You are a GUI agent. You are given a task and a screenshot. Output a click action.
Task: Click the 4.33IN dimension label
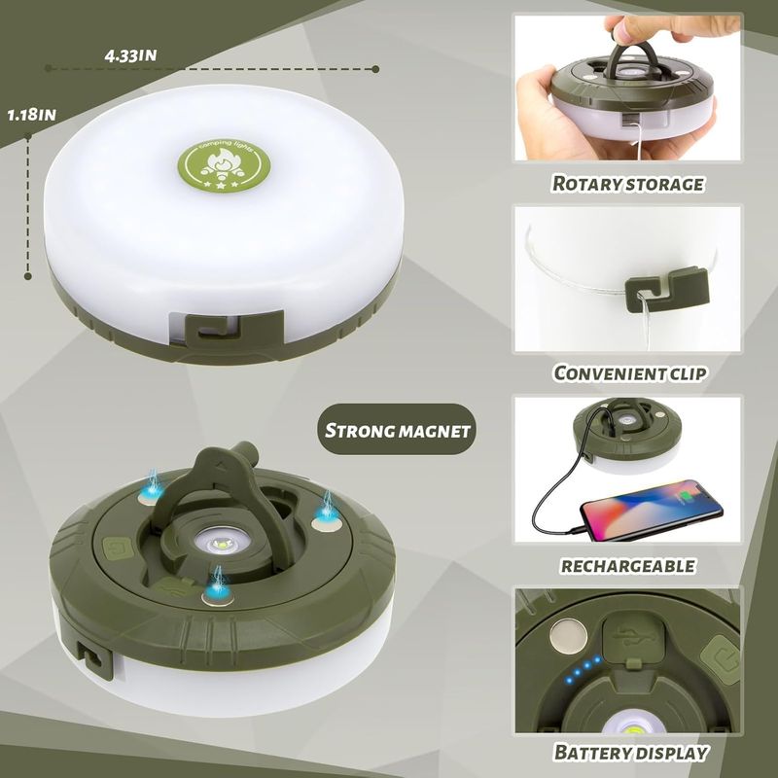pyautogui.click(x=130, y=55)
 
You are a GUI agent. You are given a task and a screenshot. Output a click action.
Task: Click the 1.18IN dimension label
pyautogui.click(x=31, y=114)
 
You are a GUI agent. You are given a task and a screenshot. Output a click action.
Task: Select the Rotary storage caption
pyautogui.click(x=627, y=183)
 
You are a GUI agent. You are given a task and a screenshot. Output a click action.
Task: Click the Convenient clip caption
pyautogui.click(x=628, y=373)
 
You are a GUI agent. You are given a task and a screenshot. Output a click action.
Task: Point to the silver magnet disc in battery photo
pyautogui.click(x=565, y=639)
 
